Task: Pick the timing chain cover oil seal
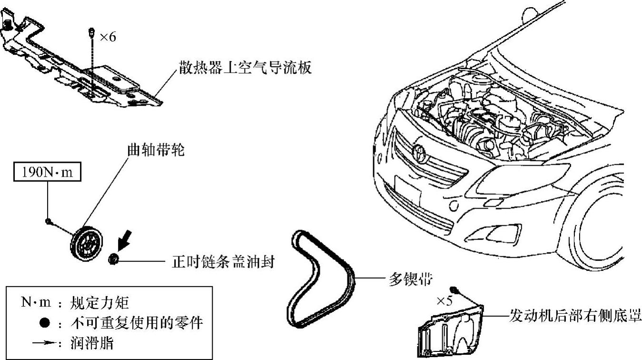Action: coord(113,260)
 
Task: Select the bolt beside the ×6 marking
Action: coord(91,33)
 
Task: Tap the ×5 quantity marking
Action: coord(444,301)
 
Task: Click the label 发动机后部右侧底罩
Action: coord(575,316)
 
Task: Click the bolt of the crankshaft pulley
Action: coord(49,220)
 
